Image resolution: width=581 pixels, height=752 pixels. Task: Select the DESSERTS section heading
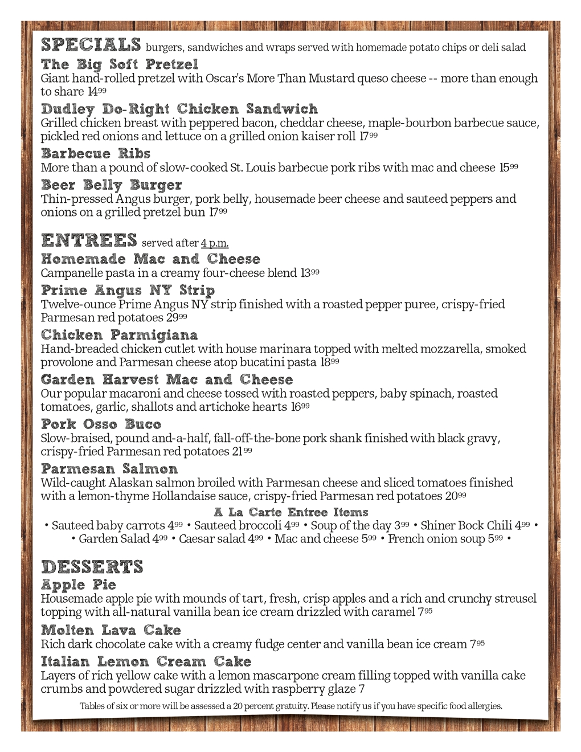pos(92,567)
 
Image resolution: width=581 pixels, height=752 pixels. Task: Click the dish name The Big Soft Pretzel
pos(120,64)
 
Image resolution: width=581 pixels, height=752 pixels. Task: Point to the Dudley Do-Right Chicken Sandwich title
pos(179,109)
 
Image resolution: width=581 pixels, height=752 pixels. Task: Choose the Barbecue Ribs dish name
pos(96,153)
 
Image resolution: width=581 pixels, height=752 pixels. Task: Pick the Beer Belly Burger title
pos(112,185)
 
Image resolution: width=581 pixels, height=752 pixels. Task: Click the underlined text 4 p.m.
pos(215,244)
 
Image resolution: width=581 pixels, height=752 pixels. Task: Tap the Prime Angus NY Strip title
pos(128,291)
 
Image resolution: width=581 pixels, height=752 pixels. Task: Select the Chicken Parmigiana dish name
pos(120,335)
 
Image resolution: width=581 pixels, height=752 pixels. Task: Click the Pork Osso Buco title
pos(101,424)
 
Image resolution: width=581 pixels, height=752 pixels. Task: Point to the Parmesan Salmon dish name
pos(109,469)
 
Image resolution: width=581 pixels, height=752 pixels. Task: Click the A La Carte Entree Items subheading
pos(291,512)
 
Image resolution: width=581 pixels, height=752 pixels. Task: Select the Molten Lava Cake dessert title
pos(111,631)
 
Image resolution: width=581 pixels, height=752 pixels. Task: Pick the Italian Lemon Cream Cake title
pos(146,662)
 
